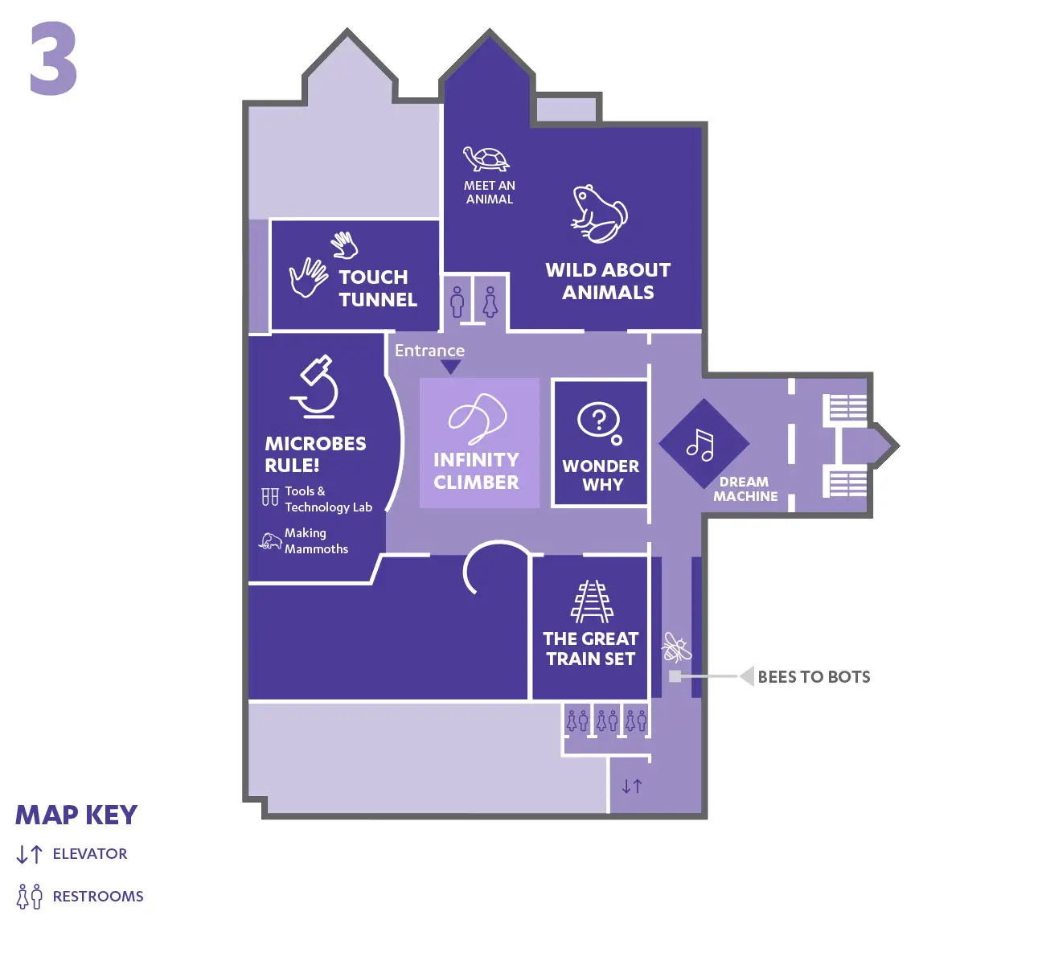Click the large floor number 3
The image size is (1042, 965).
click(x=53, y=59)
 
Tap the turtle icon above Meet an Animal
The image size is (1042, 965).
click(x=486, y=158)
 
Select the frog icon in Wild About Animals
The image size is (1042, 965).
click(x=599, y=214)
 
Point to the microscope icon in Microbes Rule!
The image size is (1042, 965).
click(x=316, y=386)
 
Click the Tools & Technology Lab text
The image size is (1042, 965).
click(x=327, y=499)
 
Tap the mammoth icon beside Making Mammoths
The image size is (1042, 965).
click(x=270, y=540)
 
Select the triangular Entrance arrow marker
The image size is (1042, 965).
click(x=451, y=368)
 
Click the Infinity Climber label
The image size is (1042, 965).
click(x=476, y=470)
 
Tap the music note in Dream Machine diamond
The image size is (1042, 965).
click(x=700, y=445)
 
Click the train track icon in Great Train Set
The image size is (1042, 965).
click(x=593, y=602)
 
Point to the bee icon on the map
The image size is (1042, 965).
click(x=675, y=647)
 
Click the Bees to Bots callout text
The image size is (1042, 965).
click(x=814, y=677)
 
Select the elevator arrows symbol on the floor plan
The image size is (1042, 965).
click(x=632, y=786)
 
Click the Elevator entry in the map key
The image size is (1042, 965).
click(x=89, y=854)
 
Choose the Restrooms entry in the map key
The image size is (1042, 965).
click(x=97, y=897)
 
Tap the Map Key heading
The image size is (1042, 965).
click(x=76, y=815)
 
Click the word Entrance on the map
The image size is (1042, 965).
click(x=429, y=351)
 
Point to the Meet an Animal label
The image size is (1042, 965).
click(x=490, y=192)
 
